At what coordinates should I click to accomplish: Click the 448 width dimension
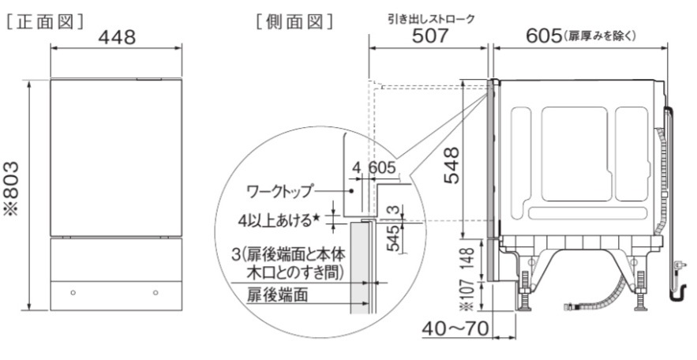tap(117, 38)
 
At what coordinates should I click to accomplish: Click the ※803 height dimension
tap(12, 189)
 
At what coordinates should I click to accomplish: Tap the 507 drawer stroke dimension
tap(430, 36)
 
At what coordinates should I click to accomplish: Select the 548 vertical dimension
tap(452, 165)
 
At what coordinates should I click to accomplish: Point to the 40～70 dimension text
tap(455, 329)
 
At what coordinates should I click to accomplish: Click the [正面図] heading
tap(45, 21)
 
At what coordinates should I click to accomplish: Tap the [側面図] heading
tap(294, 21)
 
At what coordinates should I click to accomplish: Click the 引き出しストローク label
tap(431, 19)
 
